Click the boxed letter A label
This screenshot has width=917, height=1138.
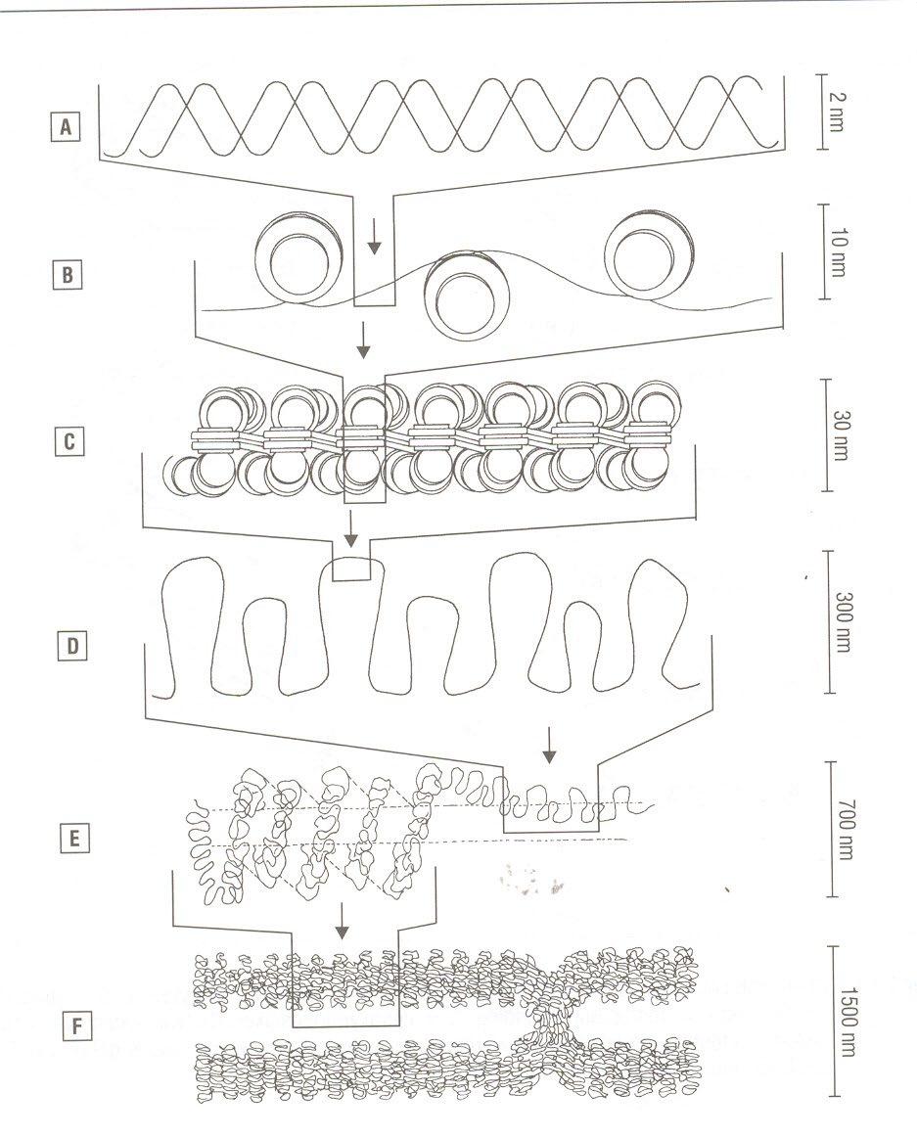click(66, 127)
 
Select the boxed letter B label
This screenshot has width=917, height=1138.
click(68, 275)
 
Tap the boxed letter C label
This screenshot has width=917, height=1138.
click(69, 441)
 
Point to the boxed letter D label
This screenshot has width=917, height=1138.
click(71, 645)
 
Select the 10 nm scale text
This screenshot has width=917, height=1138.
click(837, 251)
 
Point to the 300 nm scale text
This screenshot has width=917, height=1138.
click(843, 622)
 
